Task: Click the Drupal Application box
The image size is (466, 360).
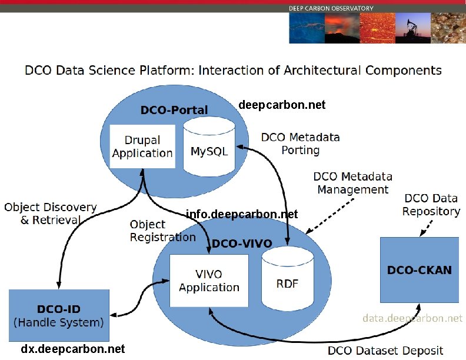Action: click(x=142, y=146)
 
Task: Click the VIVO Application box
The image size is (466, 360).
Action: click(x=209, y=281)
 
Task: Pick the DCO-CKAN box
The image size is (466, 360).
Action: click(x=419, y=270)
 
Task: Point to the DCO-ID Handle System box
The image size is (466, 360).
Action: click(x=58, y=315)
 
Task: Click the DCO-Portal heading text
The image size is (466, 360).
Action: click(x=174, y=110)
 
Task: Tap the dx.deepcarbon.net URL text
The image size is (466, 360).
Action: click(x=73, y=349)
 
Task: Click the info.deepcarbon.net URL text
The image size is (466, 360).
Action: click(x=242, y=214)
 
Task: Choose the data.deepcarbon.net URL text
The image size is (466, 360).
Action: click(x=412, y=318)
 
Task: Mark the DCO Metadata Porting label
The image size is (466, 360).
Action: click(x=300, y=144)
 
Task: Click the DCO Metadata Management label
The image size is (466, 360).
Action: click(x=352, y=183)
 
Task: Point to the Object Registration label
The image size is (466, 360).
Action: click(x=162, y=231)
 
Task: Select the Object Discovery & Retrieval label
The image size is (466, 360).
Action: click(x=50, y=214)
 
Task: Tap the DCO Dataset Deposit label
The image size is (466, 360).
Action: click(x=385, y=351)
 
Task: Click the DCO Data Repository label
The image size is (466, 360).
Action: click(x=431, y=205)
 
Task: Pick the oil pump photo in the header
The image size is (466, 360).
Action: click(x=411, y=28)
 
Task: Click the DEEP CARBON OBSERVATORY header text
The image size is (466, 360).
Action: click(x=331, y=8)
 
